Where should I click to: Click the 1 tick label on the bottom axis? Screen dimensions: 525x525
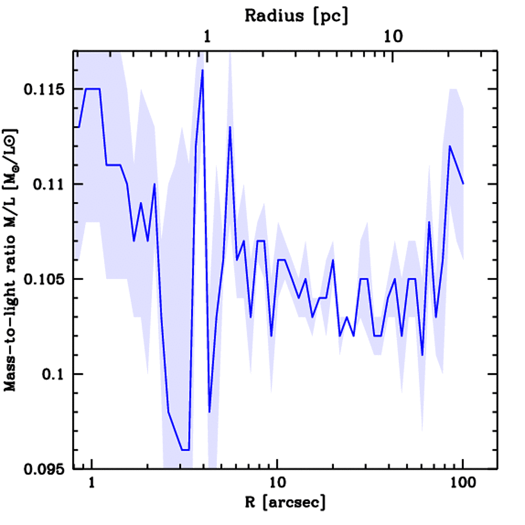(x=92, y=483)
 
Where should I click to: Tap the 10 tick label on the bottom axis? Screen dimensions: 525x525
(x=277, y=483)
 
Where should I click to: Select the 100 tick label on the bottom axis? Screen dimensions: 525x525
(x=462, y=483)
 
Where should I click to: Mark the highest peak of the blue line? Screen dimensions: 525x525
(x=203, y=70)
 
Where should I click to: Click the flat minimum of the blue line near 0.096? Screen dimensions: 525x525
(x=185, y=450)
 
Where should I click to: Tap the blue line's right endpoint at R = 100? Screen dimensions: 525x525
(x=463, y=184)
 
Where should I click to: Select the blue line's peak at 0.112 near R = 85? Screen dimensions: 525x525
(x=450, y=146)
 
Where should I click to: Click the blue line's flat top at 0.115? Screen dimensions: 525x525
(x=92, y=89)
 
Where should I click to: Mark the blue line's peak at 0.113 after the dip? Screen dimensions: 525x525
(x=230, y=127)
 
